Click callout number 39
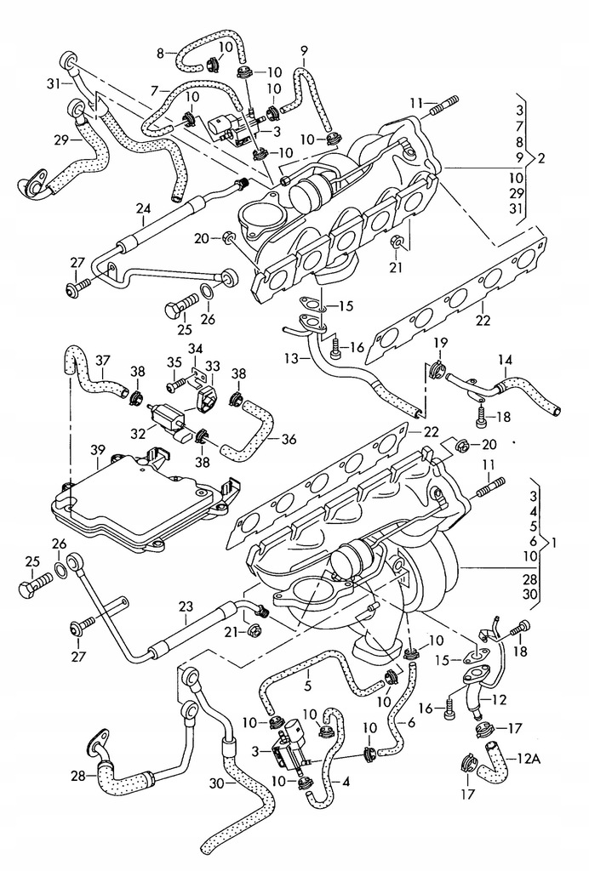pyautogui.click(x=99, y=450)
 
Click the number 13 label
pyautogui.click(x=291, y=359)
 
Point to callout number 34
pyautogui.click(x=196, y=348)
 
